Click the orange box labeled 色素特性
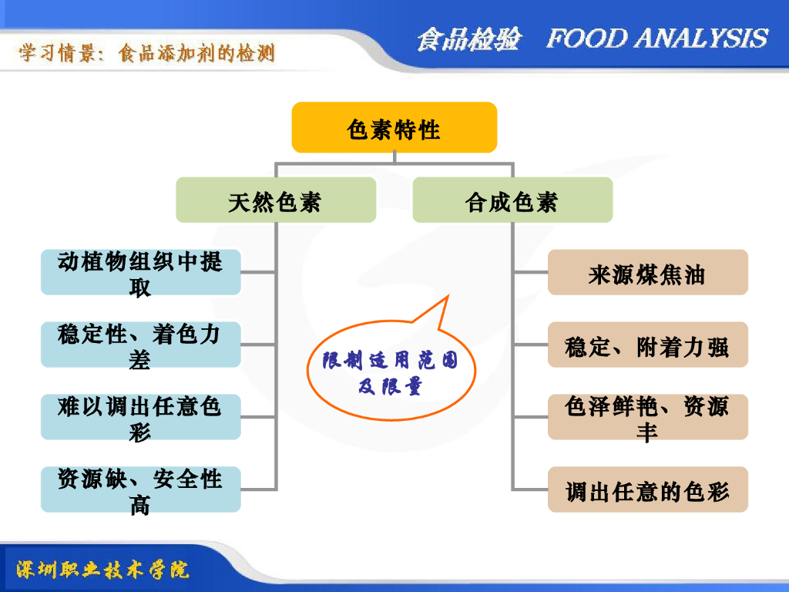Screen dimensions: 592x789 click(394, 127)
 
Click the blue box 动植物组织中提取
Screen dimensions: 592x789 click(141, 272)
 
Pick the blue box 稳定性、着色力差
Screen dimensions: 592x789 click(141, 345)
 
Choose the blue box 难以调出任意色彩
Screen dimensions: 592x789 click(141, 417)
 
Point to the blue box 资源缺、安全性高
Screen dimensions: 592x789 click(141, 489)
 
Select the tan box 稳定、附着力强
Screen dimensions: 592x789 click(647, 345)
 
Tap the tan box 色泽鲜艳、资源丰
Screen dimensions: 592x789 click(647, 417)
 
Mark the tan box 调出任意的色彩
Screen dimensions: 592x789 click(647, 489)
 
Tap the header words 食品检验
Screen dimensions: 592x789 click(468, 39)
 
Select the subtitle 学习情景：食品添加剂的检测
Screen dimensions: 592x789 click(147, 53)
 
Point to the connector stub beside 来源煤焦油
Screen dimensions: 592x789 click(530, 272)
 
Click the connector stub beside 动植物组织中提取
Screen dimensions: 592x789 click(259, 272)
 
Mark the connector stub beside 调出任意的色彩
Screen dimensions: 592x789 click(530, 489)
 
